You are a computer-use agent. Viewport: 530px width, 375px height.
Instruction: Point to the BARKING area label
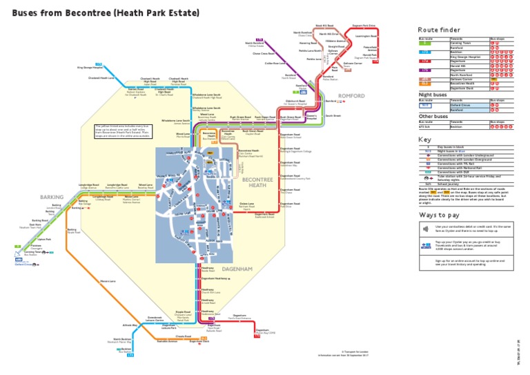[51, 197]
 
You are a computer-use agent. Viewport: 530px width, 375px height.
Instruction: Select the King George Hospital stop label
[90, 68]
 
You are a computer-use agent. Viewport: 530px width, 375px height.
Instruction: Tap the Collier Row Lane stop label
[275, 63]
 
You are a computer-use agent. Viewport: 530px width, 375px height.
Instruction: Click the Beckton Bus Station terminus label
[125, 351]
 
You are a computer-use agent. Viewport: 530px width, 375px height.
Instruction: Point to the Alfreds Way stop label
[130, 325]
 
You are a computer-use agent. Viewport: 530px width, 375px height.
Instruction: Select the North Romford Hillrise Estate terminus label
[255, 44]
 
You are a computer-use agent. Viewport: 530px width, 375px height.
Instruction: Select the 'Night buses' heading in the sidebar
[432, 94]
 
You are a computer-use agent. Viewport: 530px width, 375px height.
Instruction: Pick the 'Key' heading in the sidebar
[424, 140]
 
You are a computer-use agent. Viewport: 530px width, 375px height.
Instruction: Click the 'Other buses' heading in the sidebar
[433, 117]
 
